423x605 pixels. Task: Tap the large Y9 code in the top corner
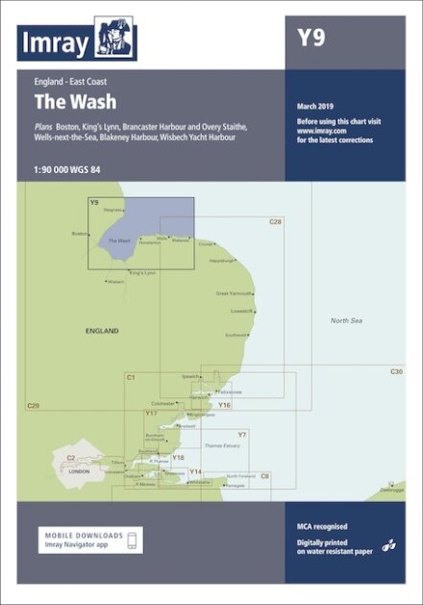(311, 38)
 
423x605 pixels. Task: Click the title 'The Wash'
(63, 101)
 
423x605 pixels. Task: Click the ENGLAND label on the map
(100, 331)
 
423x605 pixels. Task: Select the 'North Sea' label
(347, 320)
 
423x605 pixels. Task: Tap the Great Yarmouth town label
(234, 293)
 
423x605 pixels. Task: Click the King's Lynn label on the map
(140, 273)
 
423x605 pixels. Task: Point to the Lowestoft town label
(241, 311)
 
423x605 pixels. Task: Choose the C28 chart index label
(275, 222)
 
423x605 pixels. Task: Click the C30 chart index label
(396, 371)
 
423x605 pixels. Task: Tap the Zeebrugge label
(392, 490)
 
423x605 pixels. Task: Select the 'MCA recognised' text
(323, 527)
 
